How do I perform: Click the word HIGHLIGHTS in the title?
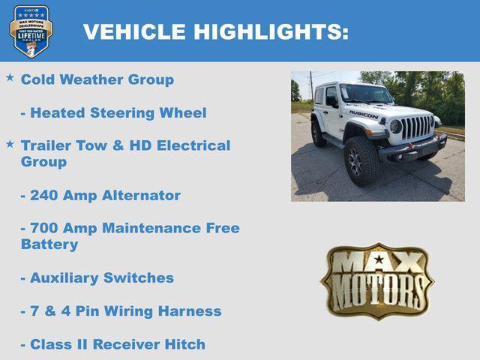click(x=271, y=32)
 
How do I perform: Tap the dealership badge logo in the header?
click(x=31, y=31)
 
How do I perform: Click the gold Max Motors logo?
click(x=377, y=280)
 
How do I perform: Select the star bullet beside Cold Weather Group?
click(x=10, y=77)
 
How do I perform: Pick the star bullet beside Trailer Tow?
click(x=10, y=142)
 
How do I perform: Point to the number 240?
click(x=45, y=195)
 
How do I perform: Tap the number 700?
click(x=45, y=228)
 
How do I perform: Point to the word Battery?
click(x=49, y=244)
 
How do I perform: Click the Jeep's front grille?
click(x=417, y=127)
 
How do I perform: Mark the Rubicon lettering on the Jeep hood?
click(x=364, y=115)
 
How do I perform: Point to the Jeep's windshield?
click(x=366, y=94)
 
